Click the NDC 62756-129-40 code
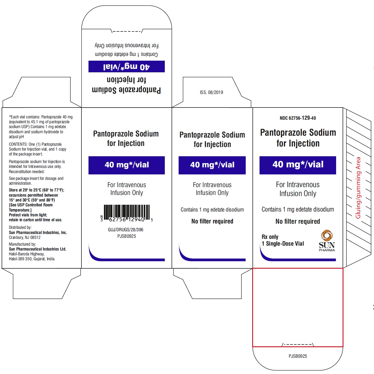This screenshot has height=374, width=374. coord(298,118)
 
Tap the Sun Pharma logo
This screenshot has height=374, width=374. coord(327,241)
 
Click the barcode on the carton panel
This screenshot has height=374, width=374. coord(127,213)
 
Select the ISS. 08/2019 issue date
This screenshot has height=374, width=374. coord(211,92)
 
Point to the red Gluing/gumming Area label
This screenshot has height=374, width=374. coord(358,188)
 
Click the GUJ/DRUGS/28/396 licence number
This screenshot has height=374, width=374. coord(126,230)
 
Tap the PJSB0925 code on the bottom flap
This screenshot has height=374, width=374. coord(298,356)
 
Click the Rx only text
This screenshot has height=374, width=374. coord(270,237)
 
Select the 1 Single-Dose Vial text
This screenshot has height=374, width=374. coord(283,244)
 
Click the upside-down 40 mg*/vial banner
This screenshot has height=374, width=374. coord(127,66)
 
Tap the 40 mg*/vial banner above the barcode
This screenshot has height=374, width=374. coord(127,165)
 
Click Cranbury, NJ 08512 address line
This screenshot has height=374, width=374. coord(25,238)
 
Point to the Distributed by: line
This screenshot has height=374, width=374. coord(20,227)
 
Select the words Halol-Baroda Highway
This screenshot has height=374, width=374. coord(27,254)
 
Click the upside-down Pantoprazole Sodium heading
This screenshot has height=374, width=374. coord(126,90)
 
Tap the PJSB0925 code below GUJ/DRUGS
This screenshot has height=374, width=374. coord(127,236)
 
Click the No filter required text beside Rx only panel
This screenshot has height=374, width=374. coord(298,221)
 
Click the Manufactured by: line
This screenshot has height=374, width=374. coord(22,244)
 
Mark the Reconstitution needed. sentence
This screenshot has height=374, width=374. coord(27,171)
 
